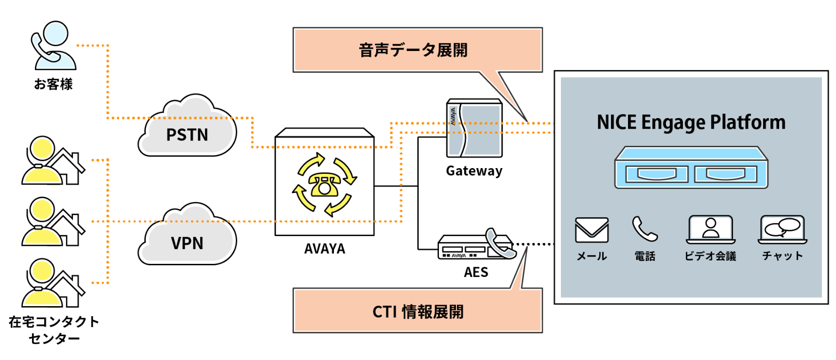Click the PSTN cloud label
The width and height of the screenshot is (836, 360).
coord(187,135)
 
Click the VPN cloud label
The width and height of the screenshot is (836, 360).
coord(187,243)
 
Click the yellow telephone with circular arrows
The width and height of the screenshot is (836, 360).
coord(325,185)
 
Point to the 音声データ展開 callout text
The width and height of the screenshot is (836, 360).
coord(413,50)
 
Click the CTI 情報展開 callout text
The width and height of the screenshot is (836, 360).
coord(418,311)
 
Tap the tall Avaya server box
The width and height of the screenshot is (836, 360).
coord(474,129)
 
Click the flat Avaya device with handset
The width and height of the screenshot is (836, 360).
coord(476,246)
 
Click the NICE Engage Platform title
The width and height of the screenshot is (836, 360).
coord(691,122)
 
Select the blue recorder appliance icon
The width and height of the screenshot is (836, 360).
coord(691,168)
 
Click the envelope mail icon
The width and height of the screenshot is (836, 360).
coord(592,230)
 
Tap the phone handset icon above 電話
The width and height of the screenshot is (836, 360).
coord(644,229)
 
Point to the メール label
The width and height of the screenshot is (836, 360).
coord(592,256)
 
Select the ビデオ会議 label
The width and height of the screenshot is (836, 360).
coord(710,256)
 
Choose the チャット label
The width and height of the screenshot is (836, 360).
coord(782,256)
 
